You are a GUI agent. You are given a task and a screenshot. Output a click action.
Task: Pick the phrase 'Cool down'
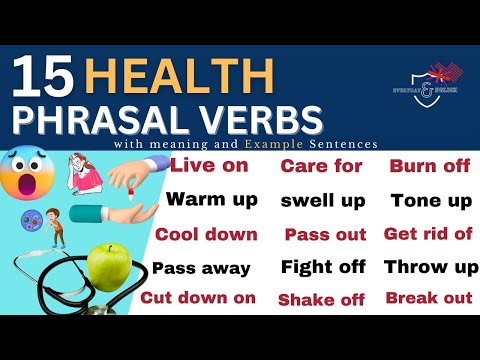click(x=206, y=234)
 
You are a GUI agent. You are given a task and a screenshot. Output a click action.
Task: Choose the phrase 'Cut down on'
click(x=198, y=297)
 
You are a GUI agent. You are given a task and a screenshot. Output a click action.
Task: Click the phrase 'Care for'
click(x=320, y=166)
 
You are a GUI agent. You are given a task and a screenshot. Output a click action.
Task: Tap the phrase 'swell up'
click(x=322, y=200)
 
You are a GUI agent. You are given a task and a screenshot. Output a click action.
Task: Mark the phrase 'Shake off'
click(x=322, y=299)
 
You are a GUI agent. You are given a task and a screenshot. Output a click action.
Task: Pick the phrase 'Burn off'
click(x=429, y=166)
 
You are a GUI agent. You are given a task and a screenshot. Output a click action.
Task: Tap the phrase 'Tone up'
click(x=431, y=200)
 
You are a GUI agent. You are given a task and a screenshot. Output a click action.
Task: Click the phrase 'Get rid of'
click(x=427, y=234)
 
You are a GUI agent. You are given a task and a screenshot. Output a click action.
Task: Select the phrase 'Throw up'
click(x=431, y=267)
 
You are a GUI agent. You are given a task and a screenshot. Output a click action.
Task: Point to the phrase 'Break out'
click(x=428, y=298)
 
